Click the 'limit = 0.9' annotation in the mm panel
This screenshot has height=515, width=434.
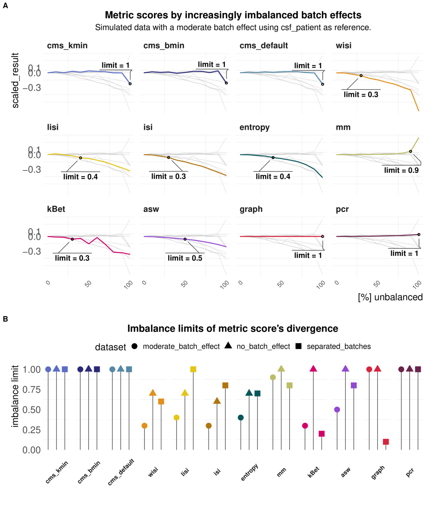coord(401,171)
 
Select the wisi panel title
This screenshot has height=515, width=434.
coord(343,46)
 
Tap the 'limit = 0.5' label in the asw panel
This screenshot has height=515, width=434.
coord(185,258)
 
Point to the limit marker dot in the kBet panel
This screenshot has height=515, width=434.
coord(72,239)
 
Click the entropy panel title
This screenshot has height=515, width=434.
coord(254,127)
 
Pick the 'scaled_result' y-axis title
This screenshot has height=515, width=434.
coord(15,80)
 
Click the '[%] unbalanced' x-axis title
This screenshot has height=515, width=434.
coord(390,297)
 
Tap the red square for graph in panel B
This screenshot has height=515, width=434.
coord(386,442)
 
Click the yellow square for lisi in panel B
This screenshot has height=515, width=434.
coord(193,369)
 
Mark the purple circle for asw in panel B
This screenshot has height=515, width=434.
coord(337,410)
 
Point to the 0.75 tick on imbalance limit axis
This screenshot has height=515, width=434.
coord(32,389)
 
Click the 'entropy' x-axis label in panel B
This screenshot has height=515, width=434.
coord(250,472)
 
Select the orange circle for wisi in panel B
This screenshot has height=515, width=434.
coord(144,426)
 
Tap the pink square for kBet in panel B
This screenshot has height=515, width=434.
coord(322,434)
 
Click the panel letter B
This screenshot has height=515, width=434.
coord(5,319)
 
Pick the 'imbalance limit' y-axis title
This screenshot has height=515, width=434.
coord(15,396)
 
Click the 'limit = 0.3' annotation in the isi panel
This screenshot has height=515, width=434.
coord(168,177)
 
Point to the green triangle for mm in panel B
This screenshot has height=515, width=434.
coord(281,369)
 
